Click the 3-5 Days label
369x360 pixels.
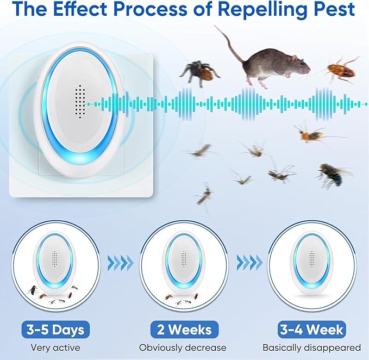click(53, 329)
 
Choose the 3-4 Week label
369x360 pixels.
click(312, 329)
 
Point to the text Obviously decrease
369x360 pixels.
click(183, 347)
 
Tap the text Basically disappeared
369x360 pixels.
click(312, 347)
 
